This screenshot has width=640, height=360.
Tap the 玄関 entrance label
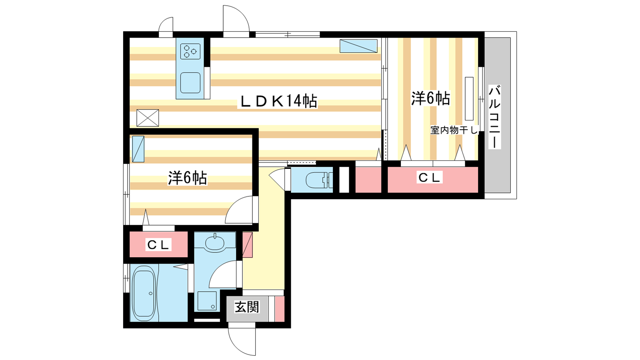click(x=247, y=307)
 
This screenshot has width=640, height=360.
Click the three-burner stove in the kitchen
click(x=190, y=52)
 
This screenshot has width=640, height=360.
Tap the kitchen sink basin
click(x=190, y=82)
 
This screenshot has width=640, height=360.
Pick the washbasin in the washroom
click(x=214, y=244)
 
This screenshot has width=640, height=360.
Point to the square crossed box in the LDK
click(x=148, y=118)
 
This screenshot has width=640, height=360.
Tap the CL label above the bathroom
click(x=158, y=244)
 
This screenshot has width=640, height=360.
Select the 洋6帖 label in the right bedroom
click(x=430, y=98)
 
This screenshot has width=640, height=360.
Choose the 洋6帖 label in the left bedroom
click(x=188, y=178)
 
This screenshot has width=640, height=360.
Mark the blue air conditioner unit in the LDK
click(x=358, y=46)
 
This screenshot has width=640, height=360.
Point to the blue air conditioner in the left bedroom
click(x=138, y=149)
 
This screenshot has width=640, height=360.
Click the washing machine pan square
click(x=207, y=301)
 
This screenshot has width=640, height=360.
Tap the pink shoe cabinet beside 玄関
click(x=280, y=309)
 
